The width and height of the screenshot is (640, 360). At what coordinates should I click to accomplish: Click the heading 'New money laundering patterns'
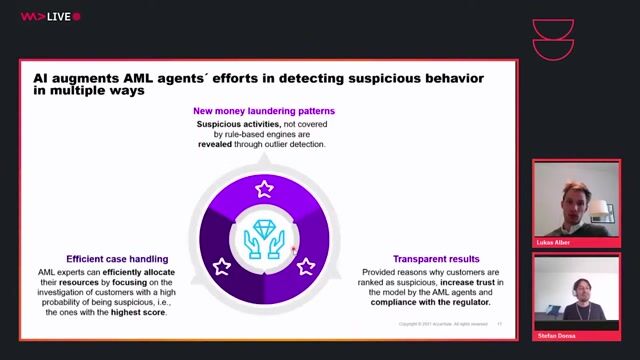pyautogui.click(x=265, y=110)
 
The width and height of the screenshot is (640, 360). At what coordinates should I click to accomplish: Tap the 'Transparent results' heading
pyautogui.click(x=435, y=259)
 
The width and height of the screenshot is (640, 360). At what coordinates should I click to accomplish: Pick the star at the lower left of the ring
pyautogui.click(x=222, y=266)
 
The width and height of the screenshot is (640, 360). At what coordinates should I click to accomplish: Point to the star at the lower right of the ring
pyautogui.click(x=306, y=266)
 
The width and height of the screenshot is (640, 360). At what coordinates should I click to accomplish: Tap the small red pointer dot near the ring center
pyautogui.click(x=294, y=250)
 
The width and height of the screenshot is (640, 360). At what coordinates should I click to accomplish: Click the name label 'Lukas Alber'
pyautogui.click(x=553, y=243)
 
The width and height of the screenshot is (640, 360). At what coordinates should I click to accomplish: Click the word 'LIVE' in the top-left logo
pyautogui.click(x=57, y=17)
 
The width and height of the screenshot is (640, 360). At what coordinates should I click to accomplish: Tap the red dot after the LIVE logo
pyautogui.click(x=77, y=17)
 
